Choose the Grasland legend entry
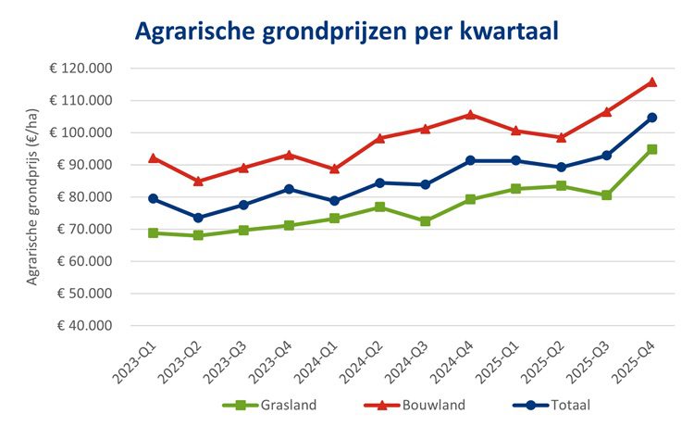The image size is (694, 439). [x=274, y=405]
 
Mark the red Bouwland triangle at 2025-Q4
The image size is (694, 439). [x=651, y=82]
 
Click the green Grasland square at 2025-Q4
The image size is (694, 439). [x=651, y=149]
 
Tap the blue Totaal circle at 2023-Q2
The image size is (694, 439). [x=198, y=218]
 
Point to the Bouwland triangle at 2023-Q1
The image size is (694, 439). [x=153, y=158]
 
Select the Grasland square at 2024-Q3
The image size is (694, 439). [x=425, y=221]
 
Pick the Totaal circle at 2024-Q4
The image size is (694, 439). [x=470, y=160]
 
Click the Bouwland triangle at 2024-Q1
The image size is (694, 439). [x=334, y=169]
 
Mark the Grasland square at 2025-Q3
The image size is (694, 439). [x=606, y=195]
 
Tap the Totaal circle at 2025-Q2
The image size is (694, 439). [x=561, y=167]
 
